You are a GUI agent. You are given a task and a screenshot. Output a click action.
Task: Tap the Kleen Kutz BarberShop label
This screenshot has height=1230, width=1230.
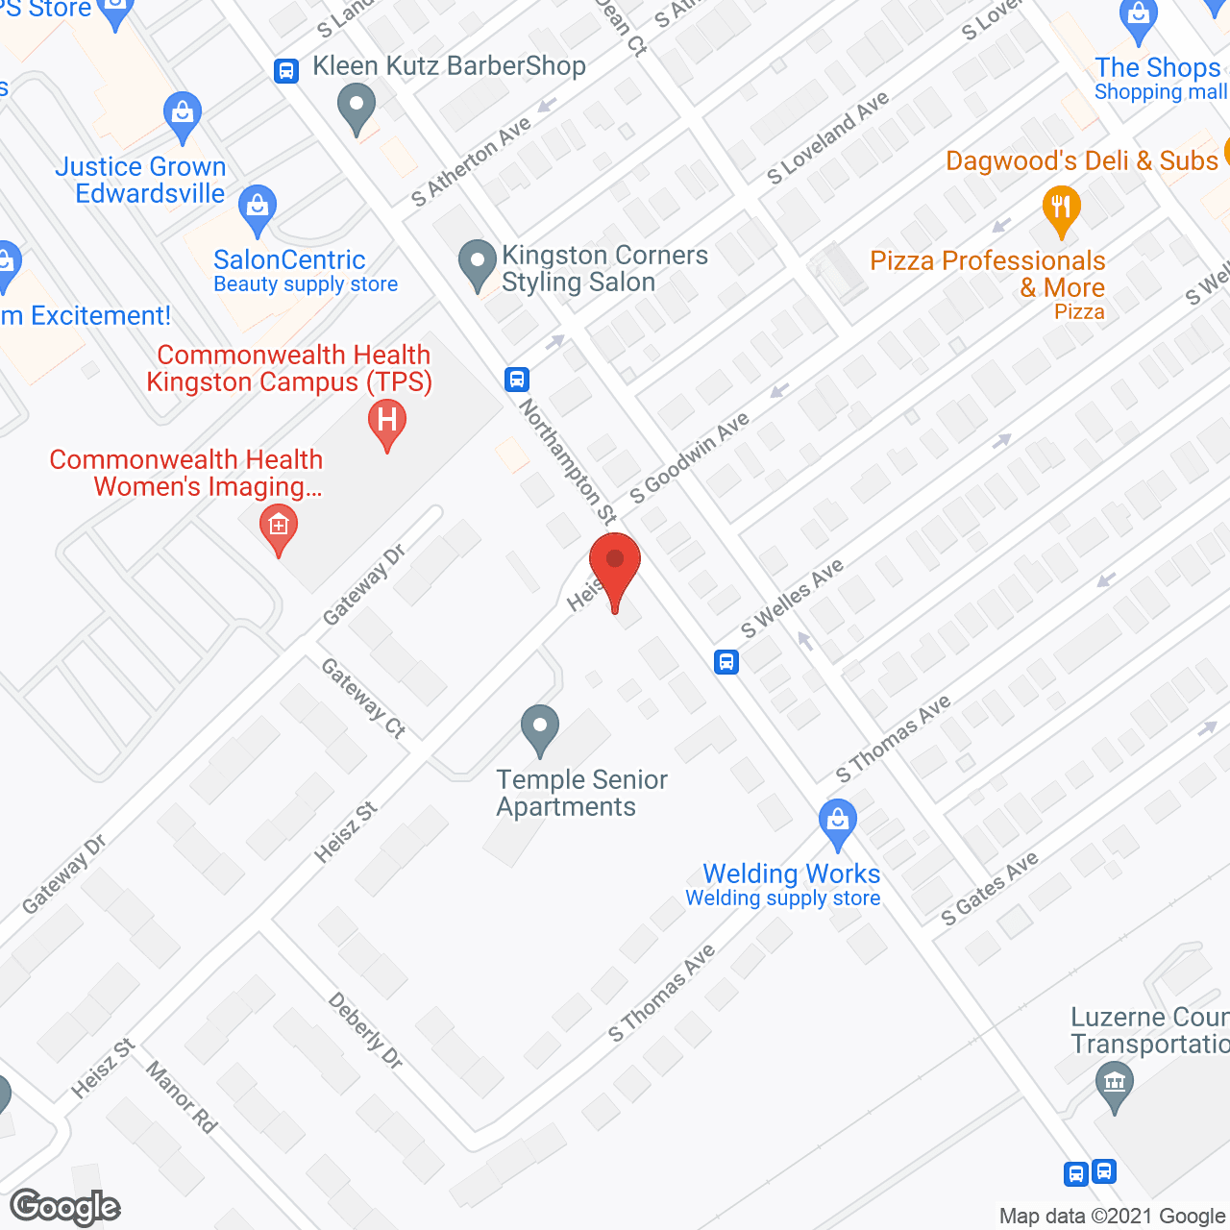[x=449, y=66]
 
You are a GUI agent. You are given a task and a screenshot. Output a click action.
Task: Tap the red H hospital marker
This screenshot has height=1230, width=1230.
[x=387, y=422]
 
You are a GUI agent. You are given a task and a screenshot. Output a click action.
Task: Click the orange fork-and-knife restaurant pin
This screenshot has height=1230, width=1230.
[x=1061, y=209]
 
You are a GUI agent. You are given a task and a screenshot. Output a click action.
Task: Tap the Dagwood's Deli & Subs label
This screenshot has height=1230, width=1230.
[x=1081, y=160]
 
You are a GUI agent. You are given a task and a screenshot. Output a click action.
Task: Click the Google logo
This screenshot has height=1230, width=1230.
[x=65, y=1207]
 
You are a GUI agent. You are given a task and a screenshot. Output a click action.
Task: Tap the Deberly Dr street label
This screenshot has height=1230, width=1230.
[x=366, y=1031]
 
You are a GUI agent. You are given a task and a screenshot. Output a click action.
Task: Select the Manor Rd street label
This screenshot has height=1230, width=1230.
[x=181, y=1096]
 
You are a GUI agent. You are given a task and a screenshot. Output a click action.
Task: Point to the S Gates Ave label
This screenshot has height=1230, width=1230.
[x=990, y=888]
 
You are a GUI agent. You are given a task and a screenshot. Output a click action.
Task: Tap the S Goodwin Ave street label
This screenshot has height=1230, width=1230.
[x=689, y=458]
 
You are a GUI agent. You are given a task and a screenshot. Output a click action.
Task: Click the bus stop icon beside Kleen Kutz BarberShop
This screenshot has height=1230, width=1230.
[x=286, y=71]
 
